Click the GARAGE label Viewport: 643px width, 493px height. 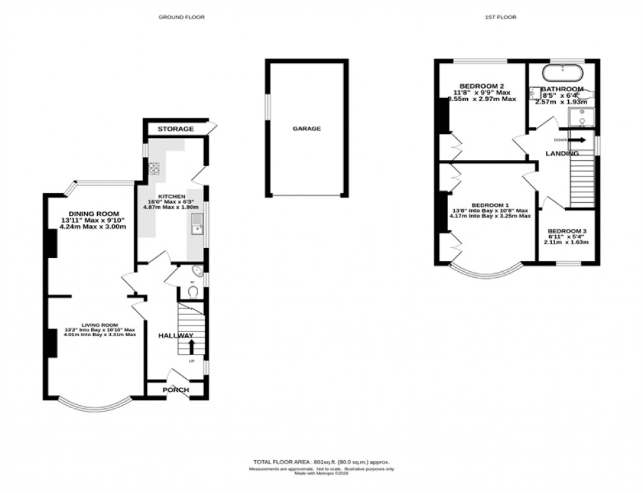point(306,129)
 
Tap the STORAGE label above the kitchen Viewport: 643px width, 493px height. point(175,129)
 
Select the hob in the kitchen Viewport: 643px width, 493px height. point(155,167)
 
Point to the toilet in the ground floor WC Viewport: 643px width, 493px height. point(193,290)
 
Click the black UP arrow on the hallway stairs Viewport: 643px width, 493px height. point(192,346)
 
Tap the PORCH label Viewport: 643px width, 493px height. point(176,390)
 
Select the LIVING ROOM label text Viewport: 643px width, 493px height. point(99,325)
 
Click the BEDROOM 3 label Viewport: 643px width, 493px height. point(567,231)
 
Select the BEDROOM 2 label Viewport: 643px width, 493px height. point(482,86)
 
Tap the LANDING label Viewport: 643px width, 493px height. point(563,154)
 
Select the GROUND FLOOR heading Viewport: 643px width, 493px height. point(182,17)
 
